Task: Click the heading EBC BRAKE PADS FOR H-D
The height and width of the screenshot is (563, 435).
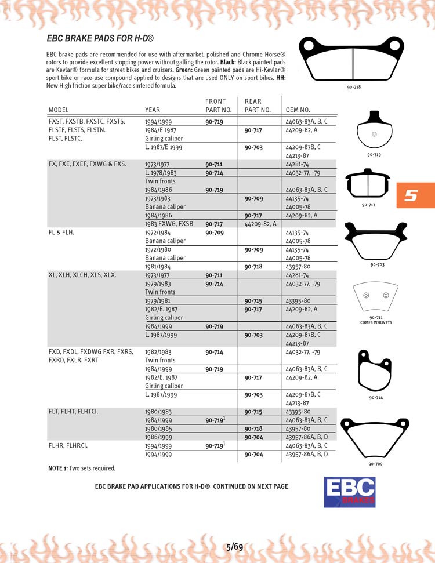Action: pyautogui.click(x=100, y=38)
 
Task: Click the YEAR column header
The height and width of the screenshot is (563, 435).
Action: pyautogui.click(x=153, y=110)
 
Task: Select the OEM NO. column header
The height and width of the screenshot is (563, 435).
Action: pyautogui.click(x=298, y=110)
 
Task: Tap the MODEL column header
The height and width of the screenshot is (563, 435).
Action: pyautogui.click(x=59, y=110)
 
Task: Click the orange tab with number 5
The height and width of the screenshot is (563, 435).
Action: pyautogui.click(x=413, y=195)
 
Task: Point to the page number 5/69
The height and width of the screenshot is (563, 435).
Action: pyautogui.click(x=234, y=546)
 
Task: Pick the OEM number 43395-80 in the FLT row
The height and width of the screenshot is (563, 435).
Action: pyautogui.click(x=298, y=412)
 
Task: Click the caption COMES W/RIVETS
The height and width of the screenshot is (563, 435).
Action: pyautogui.click(x=376, y=322)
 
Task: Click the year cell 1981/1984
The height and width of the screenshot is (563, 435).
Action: pyautogui.click(x=157, y=267)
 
